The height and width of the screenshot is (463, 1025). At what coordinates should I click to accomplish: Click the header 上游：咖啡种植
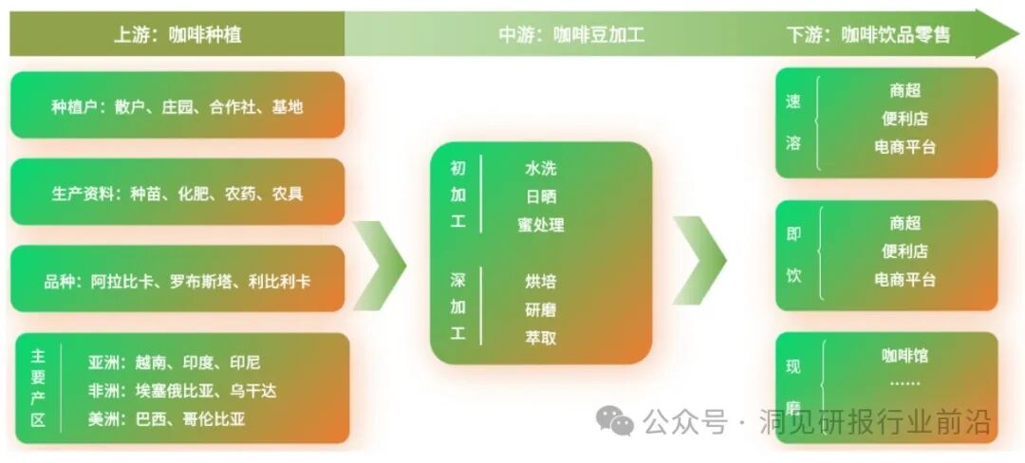(177, 35)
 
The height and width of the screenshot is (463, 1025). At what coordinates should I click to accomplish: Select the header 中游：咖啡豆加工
(571, 35)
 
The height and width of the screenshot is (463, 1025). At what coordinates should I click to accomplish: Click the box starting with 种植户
(177, 106)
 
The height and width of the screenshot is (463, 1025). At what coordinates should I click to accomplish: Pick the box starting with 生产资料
(177, 194)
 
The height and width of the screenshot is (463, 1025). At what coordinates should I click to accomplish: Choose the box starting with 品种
(177, 281)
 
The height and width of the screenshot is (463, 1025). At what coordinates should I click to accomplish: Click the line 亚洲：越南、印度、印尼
(174, 362)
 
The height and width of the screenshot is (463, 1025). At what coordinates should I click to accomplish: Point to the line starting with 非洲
(182, 391)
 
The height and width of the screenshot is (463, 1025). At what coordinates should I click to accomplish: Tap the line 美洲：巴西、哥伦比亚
(170, 418)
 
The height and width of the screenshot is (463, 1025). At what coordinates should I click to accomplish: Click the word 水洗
(541, 169)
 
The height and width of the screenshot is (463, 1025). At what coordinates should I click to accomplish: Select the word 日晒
(541, 196)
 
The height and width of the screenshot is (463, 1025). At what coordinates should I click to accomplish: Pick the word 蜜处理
(541, 225)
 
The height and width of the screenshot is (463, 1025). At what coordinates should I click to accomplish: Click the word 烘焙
(541, 281)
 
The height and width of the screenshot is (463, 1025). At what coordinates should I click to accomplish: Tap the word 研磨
(541, 309)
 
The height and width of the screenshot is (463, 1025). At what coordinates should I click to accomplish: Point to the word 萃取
(541, 337)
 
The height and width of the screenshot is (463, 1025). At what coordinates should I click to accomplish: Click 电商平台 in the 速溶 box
(905, 147)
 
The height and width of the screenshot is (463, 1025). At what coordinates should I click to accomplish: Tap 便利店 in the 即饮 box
(905, 251)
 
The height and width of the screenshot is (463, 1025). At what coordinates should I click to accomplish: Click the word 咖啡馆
(905, 356)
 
